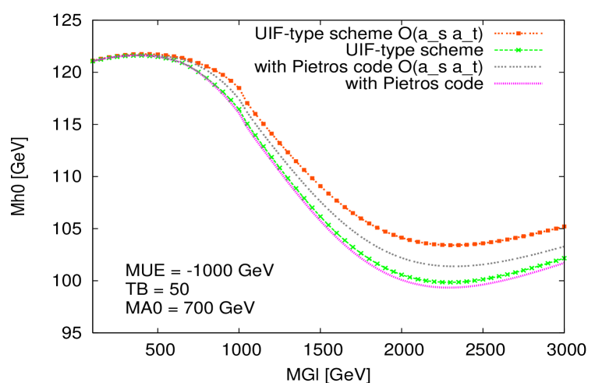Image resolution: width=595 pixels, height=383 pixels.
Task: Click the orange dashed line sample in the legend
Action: pos(518,34)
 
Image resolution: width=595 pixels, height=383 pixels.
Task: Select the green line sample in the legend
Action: pos(518,50)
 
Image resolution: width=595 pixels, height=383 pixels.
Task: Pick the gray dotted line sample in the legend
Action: pos(518,66)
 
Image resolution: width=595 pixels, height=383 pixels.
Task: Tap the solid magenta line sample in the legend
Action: pos(518,83)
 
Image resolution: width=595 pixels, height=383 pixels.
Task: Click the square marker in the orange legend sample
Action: pos(518,34)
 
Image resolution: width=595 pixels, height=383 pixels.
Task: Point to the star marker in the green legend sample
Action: pos(518,50)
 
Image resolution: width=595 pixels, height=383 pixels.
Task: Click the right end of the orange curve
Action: pos(564,226)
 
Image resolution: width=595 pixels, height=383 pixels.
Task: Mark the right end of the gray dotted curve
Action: pos(563,246)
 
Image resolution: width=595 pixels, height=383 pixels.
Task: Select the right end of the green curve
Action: pos(564,257)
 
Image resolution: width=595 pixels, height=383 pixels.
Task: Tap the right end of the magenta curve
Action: pos(563,262)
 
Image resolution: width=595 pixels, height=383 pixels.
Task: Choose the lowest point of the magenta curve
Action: pos(451,287)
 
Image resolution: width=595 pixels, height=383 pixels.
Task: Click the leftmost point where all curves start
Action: pos(91,61)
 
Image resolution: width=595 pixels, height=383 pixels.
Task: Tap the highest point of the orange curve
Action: pos(145,54)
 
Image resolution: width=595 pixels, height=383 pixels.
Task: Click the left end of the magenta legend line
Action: pos(494,83)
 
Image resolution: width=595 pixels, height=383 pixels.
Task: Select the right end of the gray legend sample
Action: pos(541,66)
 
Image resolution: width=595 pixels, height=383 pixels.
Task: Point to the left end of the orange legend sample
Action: pos(494,34)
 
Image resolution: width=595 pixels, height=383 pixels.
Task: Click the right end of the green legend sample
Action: pos(541,50)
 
